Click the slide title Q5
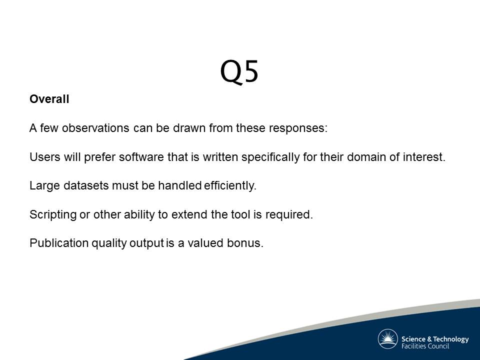[239, 71]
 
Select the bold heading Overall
[49, 99]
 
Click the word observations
[95, 128]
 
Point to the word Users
[45, 157]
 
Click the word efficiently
[230, 186]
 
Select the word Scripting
[53, 215]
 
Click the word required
[289, 215]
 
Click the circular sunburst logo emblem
[388, 339]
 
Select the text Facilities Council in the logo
[425, 346]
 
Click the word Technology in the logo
[451, 339]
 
